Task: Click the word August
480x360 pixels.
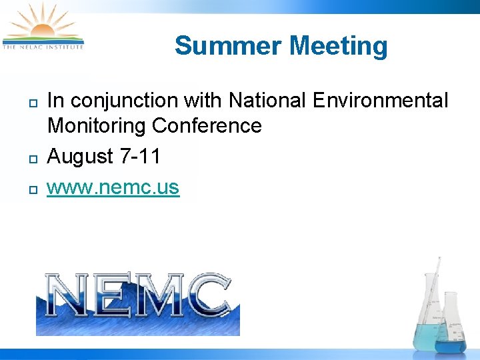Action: pos(81,157)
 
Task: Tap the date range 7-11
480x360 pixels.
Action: pos(140,157)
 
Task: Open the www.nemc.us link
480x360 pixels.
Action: pos(113,187)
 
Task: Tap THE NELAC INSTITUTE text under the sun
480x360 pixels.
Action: pos(43,47)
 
